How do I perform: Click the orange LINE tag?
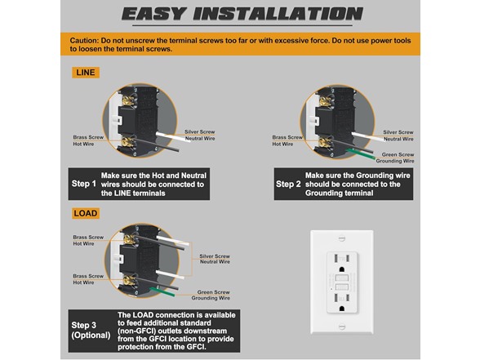pos(86,73)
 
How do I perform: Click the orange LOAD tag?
pos(86,213)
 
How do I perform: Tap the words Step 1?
pos(83,184)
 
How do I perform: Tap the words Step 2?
pos(288,184)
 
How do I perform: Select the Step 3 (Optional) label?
pos(91,331)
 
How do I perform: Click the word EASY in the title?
pos(154,14)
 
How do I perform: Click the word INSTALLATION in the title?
pos(278,14)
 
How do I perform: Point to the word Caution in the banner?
pos(84,41)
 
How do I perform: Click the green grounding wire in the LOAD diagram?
pos(162,291)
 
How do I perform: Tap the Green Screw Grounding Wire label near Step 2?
pos(395,158)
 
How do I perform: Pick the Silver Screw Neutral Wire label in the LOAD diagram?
pos(215,259)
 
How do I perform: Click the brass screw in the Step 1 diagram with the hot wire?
pos(127,142)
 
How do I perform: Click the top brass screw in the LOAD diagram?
pos(130,238)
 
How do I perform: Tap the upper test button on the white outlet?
pos(342,278)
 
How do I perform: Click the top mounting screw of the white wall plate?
pos(341,238)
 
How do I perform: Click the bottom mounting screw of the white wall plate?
pos(342,327)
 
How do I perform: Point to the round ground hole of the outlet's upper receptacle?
pos(342,269)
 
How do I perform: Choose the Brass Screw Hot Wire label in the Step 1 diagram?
pos(88,140)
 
